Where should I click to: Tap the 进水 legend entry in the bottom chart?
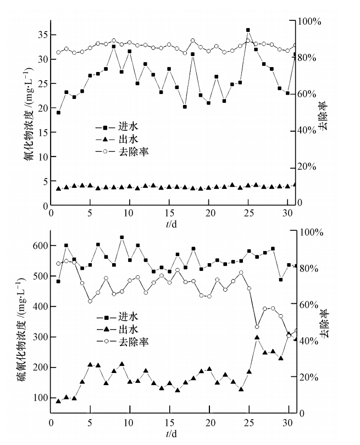[x=121, y=317]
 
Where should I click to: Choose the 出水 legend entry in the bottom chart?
[x=121, y=329]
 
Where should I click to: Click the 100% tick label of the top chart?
[x=309, y=21]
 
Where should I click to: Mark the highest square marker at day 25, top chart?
[x=248, y=30]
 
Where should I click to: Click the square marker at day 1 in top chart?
[x=58, y=113]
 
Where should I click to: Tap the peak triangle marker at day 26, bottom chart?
[x=257, y=337]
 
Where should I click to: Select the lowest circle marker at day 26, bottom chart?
[x=257, y=327]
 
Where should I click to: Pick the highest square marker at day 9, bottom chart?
[x=121, y=237]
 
